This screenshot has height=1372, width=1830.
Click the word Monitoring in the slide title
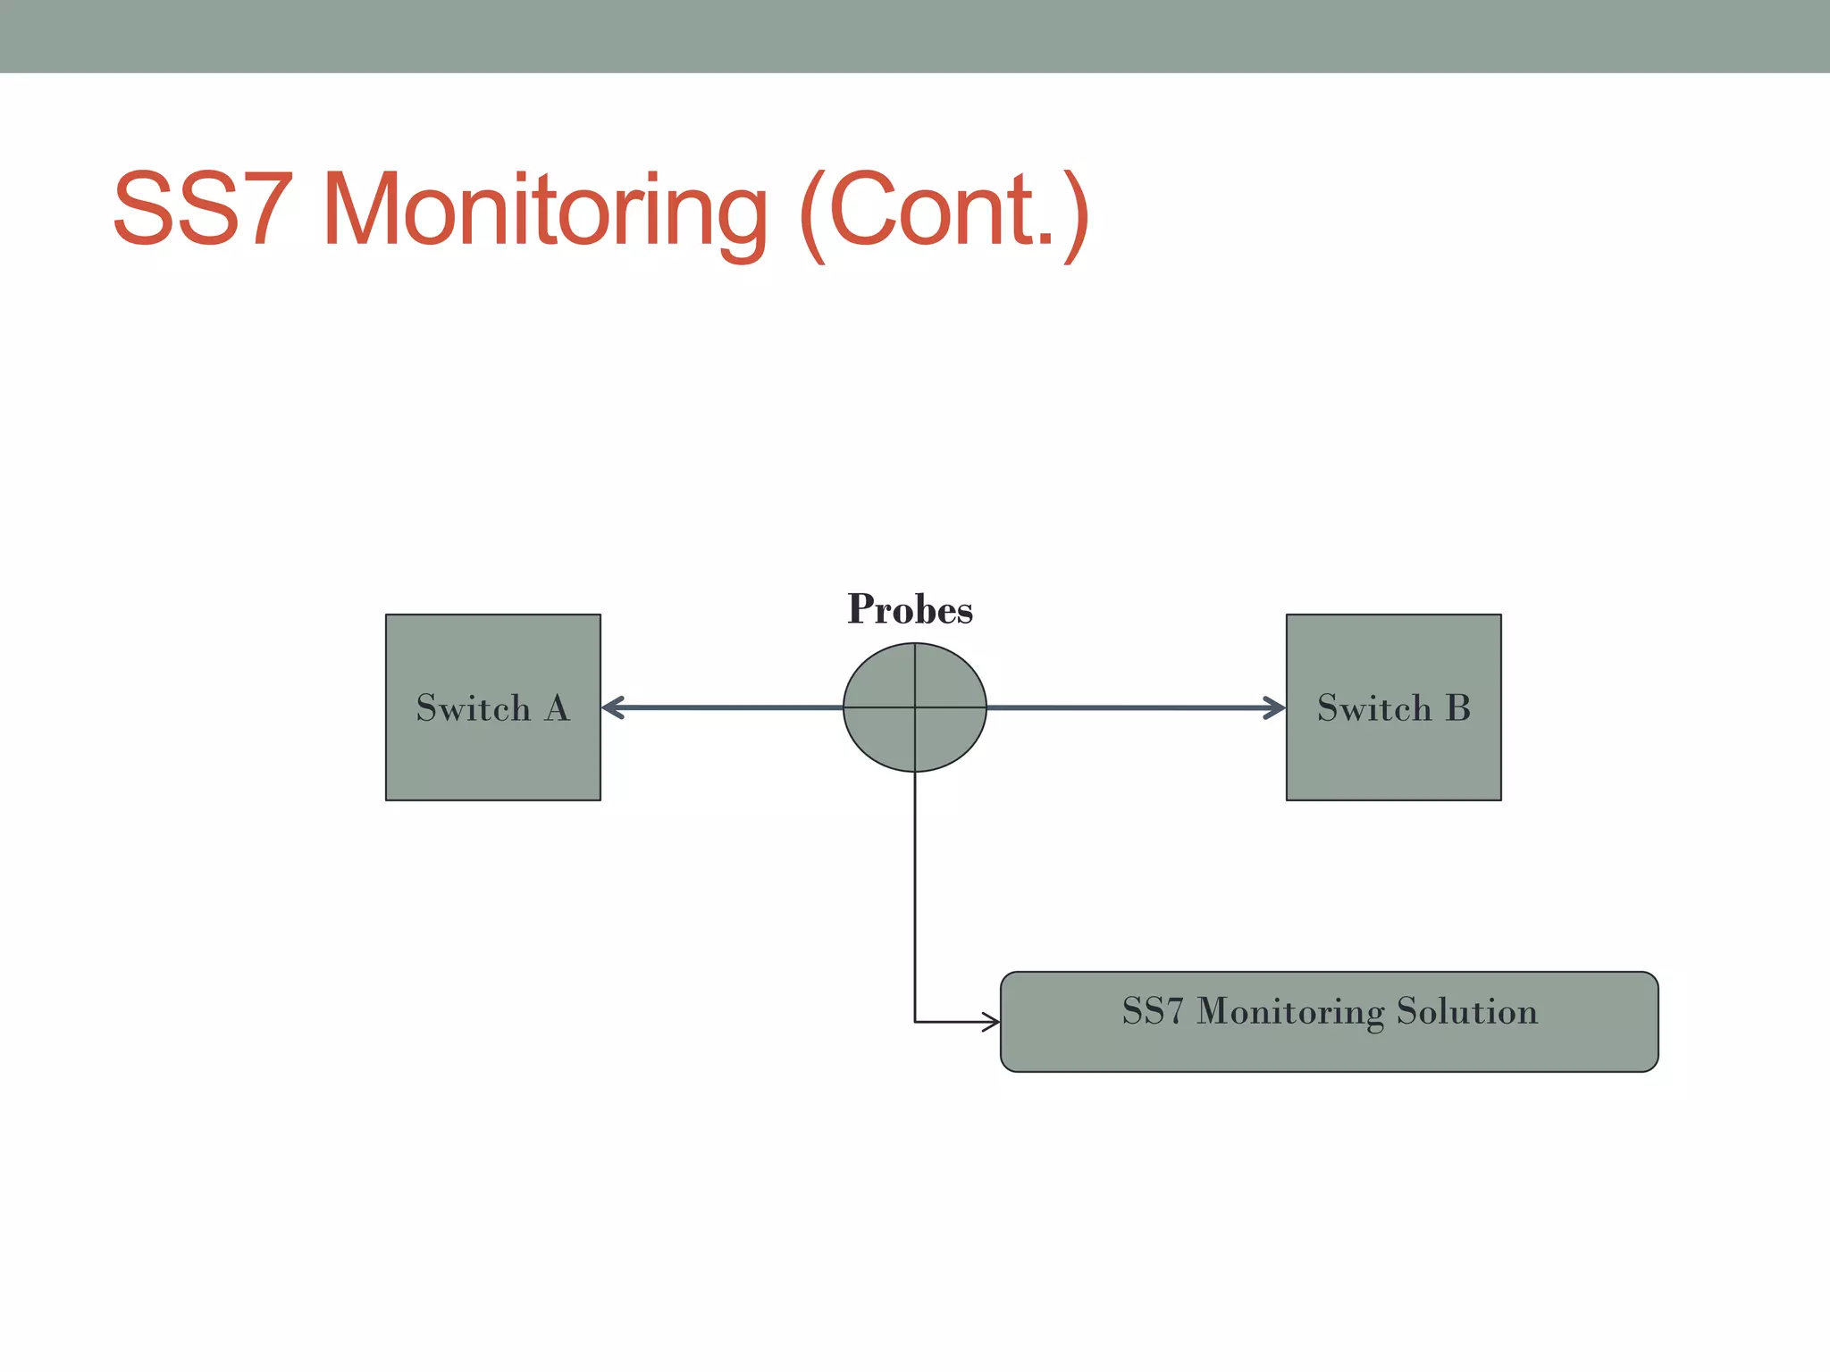tap(544, 210)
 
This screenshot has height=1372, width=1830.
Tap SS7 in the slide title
tap(203, 210)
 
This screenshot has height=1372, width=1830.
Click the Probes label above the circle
tap(910, 609)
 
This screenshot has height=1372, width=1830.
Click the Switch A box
tap(492, 750)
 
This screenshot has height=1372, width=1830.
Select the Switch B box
tap(1393, 750)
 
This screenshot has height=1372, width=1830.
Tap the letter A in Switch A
tap(557, 708)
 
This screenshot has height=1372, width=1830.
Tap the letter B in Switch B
tap(1457, 708)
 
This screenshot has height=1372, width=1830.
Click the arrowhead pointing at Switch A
tap(611, 708)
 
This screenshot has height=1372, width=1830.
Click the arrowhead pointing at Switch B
tap(1276, 708)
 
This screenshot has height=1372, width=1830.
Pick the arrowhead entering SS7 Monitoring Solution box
tap(992, 1022)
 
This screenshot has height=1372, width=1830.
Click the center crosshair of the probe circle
tap(915, 707)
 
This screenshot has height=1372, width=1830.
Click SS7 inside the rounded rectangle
tap(1152, 1011)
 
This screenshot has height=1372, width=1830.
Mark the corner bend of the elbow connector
tap(915, 1022)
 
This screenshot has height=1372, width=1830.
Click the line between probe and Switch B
tap(1135, 708)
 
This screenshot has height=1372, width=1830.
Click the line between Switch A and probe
tap(724, 708)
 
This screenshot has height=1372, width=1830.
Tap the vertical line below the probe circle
tap(915, 893)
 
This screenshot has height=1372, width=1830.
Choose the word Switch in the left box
tap(474, 708)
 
